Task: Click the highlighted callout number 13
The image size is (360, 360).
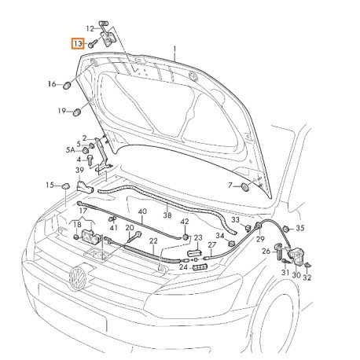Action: point(78,44)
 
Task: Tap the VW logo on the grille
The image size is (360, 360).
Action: point(78,277)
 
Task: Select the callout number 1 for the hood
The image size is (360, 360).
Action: point(174,50)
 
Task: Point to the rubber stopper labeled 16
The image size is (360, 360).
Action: point(68,86)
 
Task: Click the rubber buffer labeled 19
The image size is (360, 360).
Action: point(77,112)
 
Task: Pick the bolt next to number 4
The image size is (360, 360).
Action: point(90,160)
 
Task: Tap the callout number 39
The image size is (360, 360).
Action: point(79,171)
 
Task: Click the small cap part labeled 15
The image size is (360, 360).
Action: point(65,186)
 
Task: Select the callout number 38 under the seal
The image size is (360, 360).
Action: point(167,215)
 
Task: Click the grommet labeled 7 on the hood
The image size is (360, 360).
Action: point(245,187)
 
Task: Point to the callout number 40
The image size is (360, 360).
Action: point(142,211)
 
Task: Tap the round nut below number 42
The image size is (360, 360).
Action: point(186,237)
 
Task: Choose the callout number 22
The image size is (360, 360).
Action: point(153,241)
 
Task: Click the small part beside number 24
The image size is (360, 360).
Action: point(200,267)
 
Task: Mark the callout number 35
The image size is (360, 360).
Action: point(300,228)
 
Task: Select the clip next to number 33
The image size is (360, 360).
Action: point(248,228)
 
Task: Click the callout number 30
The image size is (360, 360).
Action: point(296,275)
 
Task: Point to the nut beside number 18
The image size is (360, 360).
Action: point(76,237)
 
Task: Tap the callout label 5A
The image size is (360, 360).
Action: point(70,150)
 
